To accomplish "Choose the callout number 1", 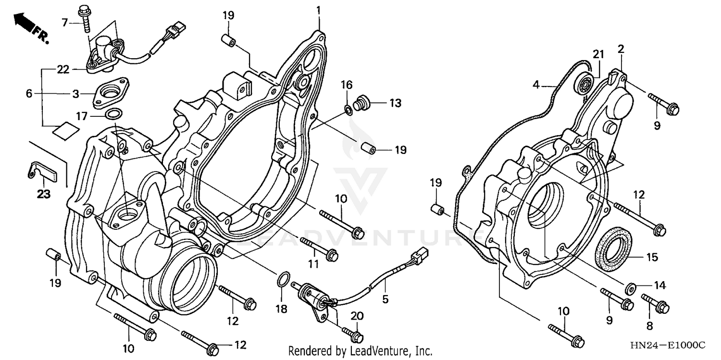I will (x=318, y=10).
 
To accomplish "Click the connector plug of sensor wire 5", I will (x=418, y=255).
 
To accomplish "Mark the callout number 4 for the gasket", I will (x=536, y=85).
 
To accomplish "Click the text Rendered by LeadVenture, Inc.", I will (x=360, y=351).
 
